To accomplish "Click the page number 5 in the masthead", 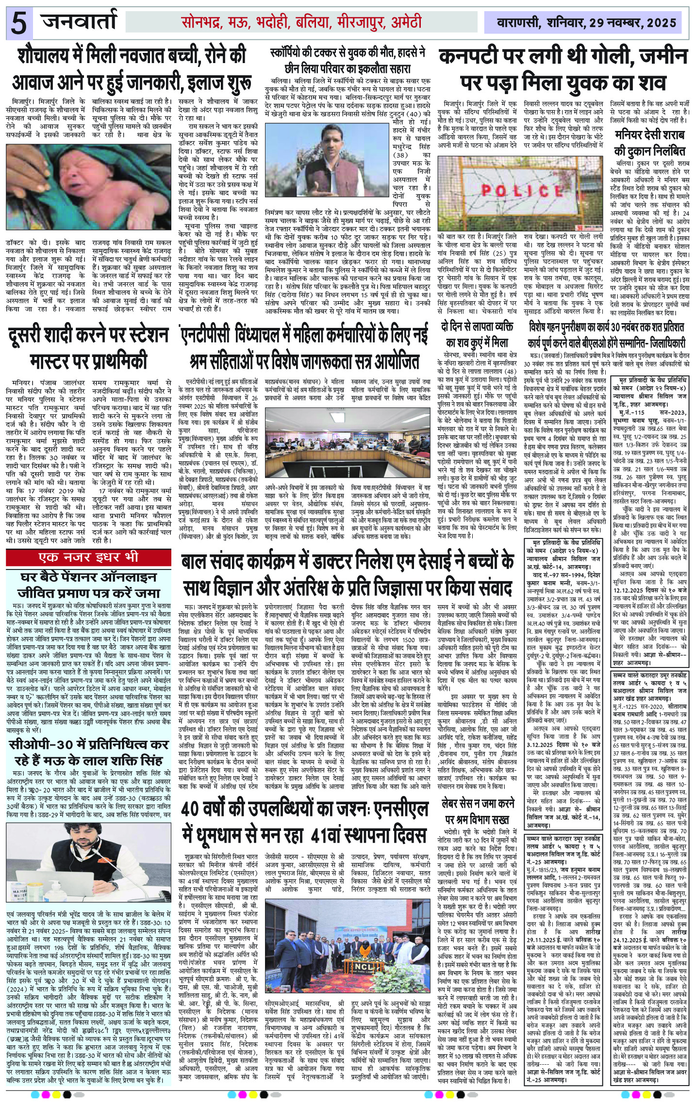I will [x=18, y=23].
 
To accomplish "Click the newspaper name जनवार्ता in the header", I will [x=80, y=22].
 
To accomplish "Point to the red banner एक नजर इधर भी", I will [x=88, y=557].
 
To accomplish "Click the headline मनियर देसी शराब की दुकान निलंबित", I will [x=649, y=142].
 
